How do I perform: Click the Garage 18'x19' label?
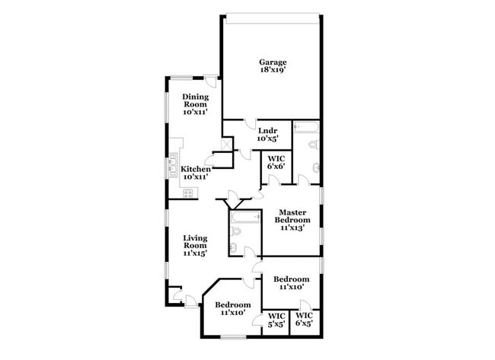pyautogui.click(x=273, y=65)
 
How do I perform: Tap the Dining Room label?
pyautogui.click(x=195, y=104)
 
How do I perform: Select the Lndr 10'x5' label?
pyautogui.click(x=267, y=134)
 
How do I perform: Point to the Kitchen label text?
pyautogui.click(x=195, y=172)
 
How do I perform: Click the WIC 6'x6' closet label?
pyautogui.click(x=276, y=163)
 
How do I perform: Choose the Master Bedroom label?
pyautogui.click(x=292, y=220)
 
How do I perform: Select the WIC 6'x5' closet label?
pyautogui.click(x=305, y=320)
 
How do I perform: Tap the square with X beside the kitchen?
pyautogui.click(x=225, y=144)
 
